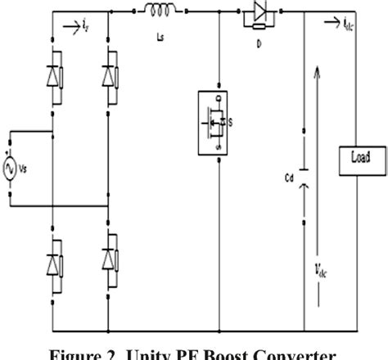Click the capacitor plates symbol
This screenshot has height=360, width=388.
(x=305, y=173)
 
